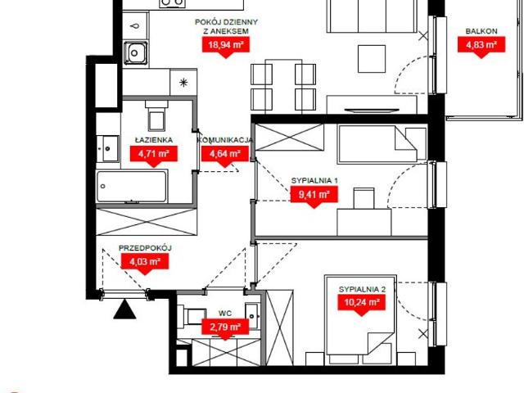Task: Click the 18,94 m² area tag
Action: coord(226,45)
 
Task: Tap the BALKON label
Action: coord(481,31)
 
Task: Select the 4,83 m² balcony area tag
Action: coord(481,45)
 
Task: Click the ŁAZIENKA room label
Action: coord(154,140)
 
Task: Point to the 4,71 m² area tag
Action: coord(154,154)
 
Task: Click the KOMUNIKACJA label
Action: coord(225,140)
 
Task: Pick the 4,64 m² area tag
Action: coord(225,154)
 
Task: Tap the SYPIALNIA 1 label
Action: coord(314,180)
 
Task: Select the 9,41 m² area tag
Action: coord(314,195)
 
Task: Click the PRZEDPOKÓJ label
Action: coord(145,248)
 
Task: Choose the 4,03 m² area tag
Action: coord(145,262)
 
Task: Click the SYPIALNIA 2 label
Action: coord(362,289)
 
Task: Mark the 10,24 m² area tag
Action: coord(362,303)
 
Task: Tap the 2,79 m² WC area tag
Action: coord(225,327)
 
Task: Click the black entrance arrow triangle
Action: coord(124,309)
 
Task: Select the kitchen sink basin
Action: coord(135,52)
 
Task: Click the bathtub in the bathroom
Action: coord(132,186)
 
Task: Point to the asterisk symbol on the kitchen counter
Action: coord(183,82)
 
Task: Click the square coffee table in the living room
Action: coord(372,59)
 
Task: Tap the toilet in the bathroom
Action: coord(156,115)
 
